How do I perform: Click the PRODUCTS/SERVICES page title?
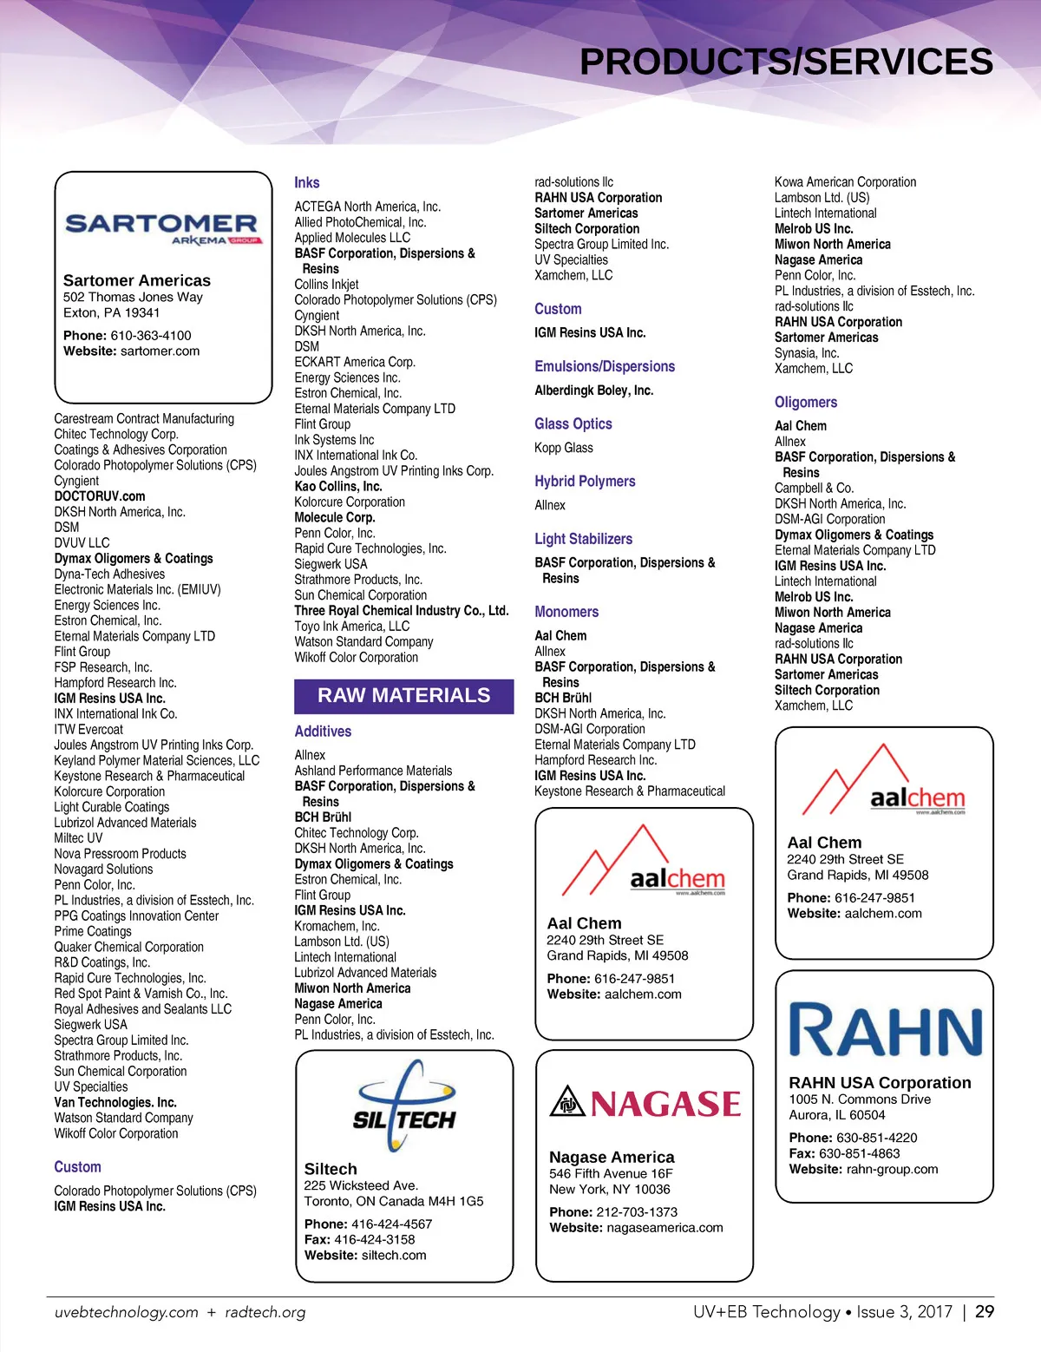[786, 62]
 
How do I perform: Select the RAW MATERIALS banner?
[403, 696]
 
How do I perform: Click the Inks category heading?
[307, 183]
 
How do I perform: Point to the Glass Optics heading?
[573, 424]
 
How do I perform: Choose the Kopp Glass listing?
[564, 449]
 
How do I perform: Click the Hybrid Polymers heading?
[585, 482]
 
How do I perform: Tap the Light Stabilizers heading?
[583, 539]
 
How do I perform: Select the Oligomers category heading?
[806, 403]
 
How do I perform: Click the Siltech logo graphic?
[404, 1106]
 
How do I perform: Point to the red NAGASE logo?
[645, 1103]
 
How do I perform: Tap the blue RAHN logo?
[885, 1031]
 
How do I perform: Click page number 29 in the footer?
[985, 1312]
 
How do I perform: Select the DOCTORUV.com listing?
[100, 496]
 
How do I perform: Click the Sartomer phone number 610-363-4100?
[151, 336]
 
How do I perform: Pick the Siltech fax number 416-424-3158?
[375, 1240]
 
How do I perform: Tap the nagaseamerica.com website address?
[665, 1228]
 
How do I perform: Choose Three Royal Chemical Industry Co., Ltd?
[402, 611]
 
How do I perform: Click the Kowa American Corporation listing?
[845, 182]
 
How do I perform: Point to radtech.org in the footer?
[265, 1313]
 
